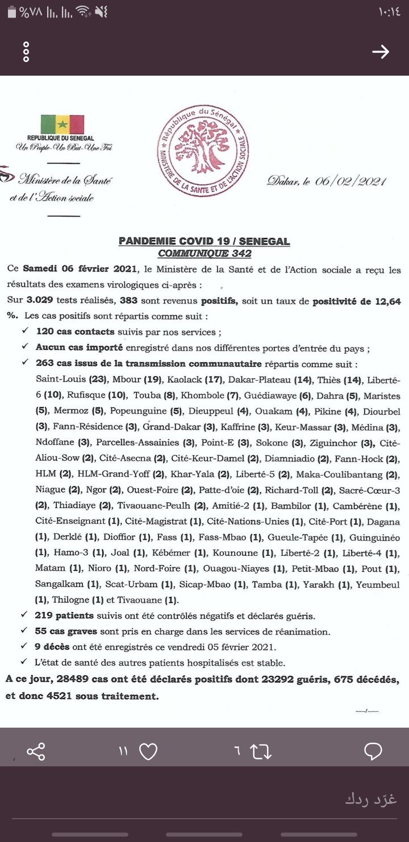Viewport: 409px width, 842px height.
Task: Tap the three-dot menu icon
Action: click(26, 52)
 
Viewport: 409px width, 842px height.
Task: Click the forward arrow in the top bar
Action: click(380, 52)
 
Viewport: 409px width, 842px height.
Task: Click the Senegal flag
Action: click(62, 123)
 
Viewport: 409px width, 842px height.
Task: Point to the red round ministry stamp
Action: click(203, 151)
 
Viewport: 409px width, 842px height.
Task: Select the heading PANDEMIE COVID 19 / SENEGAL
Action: click(204, 241)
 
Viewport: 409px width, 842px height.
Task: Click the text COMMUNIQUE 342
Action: click(204, 253)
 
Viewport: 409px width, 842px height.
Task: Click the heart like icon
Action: click(148, 752)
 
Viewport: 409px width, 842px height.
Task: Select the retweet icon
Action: click(260, 752)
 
